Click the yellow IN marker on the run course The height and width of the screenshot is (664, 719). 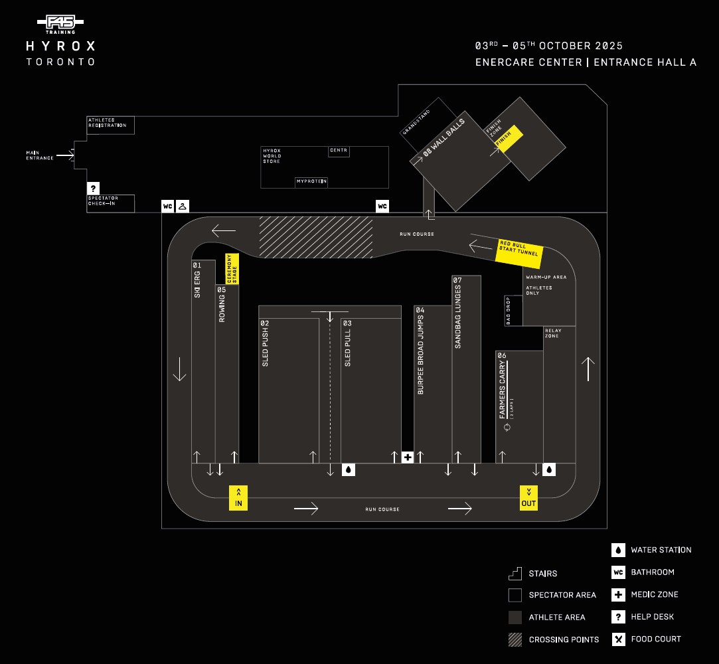pyautogui.click(x=238, y=498)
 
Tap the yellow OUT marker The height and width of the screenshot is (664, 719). pyautogui.click(x=528, y=497)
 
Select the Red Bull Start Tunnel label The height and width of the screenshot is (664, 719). pyautogui.click(x=520, y=252)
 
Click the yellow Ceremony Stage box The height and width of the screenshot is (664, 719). pyautogui.click(x=232, y=269)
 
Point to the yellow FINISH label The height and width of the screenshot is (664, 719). pyautogui.click(x=509, y=139)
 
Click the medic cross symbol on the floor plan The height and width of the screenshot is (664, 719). pyautogui.click(x=408, y=457)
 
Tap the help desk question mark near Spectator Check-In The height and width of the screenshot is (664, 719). pyautogui.click(x=94, y=188)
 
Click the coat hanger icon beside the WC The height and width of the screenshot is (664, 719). pyautogui.click(x=183, y=207)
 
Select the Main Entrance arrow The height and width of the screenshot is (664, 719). pyautogui.click(x=64, y=155)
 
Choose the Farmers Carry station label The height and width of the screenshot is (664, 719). pyautogui.click(x=503, y=390)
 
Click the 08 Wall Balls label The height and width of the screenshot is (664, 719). pyautogui.click(x=444, y=138)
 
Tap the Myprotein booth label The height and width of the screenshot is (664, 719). pyautogui.click(x=311, y=181)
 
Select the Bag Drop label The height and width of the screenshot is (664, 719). pyautogui.click(x=509, y=311)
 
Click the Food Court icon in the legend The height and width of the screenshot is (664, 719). pyautogui.click(x=618, y=639)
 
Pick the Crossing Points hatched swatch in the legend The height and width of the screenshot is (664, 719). pyautogui.click(x=515, y=639)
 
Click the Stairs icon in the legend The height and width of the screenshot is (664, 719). pyautogui.click(x=515, y=573)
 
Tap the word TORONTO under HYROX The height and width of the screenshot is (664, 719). pyautogui.click(x=60, y=62)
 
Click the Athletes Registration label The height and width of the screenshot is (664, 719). pyautogui.click(x=107, y=123)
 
